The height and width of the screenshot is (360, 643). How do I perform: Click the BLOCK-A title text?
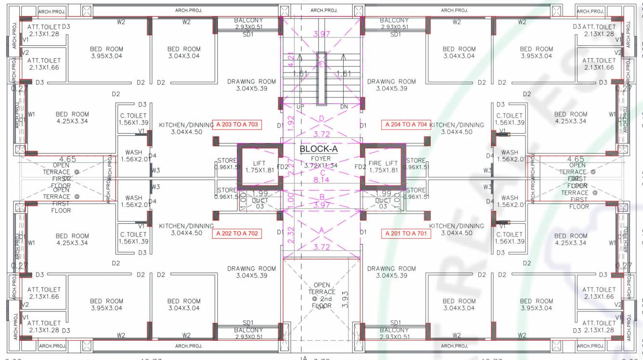[319, 149]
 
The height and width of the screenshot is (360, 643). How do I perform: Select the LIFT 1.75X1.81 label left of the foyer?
[259, 167]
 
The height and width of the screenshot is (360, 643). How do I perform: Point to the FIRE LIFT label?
[383, 167]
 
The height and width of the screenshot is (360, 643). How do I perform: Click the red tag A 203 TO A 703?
[237, 125]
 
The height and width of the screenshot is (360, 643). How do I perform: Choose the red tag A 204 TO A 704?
[406, 125]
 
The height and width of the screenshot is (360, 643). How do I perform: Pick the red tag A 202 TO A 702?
[237, 233]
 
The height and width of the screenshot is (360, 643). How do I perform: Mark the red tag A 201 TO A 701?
[406, 233]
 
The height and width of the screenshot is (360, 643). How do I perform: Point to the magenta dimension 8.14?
[321, 180]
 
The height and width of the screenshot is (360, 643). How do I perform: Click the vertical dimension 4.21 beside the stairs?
[290, 59]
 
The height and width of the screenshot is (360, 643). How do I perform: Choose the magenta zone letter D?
[321, 118]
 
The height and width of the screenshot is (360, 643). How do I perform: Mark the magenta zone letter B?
[321, 197]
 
